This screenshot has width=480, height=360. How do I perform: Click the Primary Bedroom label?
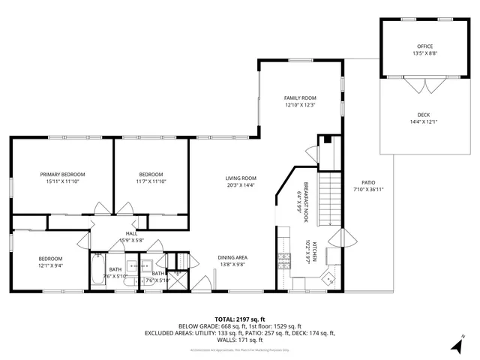(x=63, y=174)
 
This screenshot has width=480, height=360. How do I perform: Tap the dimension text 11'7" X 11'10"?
(x=150, y=181)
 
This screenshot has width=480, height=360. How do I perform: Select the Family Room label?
(x=299, y=98)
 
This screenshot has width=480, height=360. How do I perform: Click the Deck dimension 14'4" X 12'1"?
(x=424, y=121)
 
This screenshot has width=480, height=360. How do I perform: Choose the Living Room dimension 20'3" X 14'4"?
(x=241, y=185)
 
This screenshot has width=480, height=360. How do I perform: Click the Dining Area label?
(x=232, y=257)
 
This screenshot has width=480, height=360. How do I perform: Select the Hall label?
(x=131, y=233)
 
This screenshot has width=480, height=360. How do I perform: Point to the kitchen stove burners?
(x=284, y=260)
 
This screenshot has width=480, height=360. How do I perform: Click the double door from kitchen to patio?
(x=347, y=241)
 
